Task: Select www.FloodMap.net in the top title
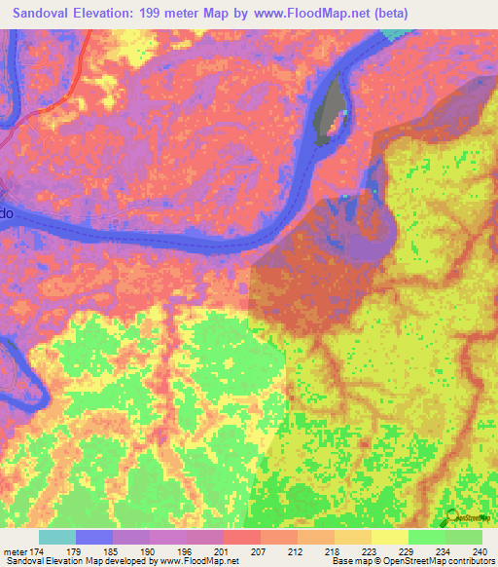[x=302, y=13]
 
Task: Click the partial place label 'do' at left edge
[x=7, y=211]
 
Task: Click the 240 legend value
[x=476, y=552]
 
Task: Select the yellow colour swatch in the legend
[x=390, y=537]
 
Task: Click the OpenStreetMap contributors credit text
[x=442, y=562]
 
